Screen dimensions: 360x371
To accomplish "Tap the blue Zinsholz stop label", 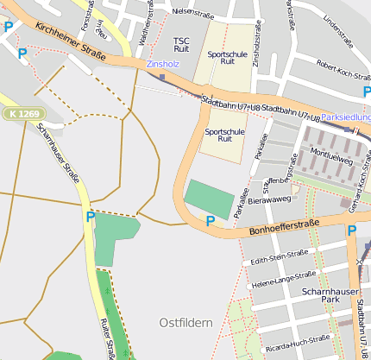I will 163,64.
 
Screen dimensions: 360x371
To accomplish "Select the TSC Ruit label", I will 181,45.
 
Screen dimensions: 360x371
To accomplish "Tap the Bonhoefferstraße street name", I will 284,228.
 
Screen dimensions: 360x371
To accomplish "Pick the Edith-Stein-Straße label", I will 278,256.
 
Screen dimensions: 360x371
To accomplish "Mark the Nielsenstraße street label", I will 192,13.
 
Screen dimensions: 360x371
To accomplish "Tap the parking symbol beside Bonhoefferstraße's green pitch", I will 210,222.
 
